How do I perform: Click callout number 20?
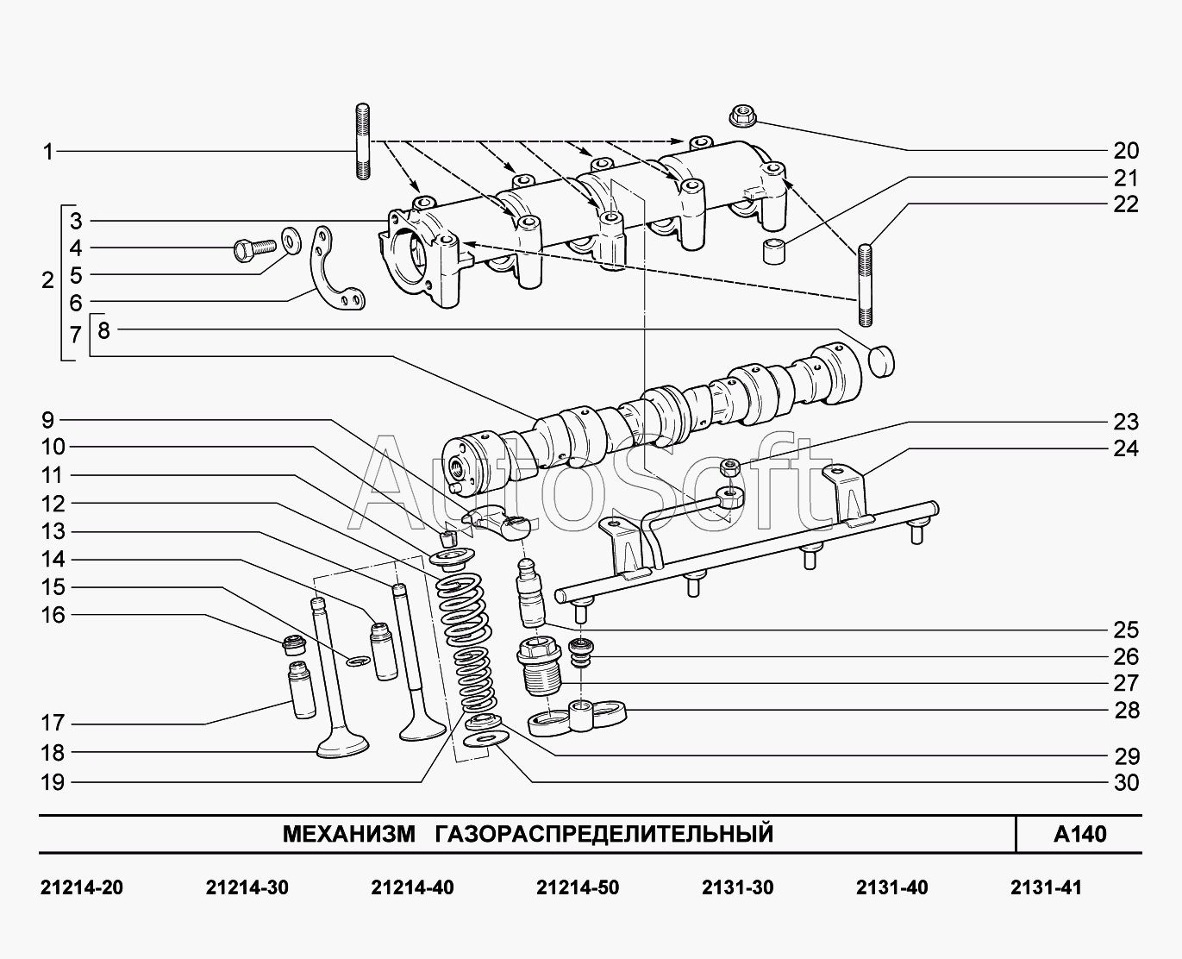1126,151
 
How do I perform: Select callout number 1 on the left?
48,152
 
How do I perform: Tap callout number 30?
1126,783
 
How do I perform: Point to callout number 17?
53,724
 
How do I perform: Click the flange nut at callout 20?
741,114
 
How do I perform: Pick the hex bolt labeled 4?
251,249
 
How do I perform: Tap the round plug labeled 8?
879,360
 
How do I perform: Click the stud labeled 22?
866,285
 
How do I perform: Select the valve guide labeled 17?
301,690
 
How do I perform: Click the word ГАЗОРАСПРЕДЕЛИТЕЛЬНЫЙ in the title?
604,834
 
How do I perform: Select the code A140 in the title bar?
1079,834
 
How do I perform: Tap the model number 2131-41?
1045,887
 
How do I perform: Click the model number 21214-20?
82,887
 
